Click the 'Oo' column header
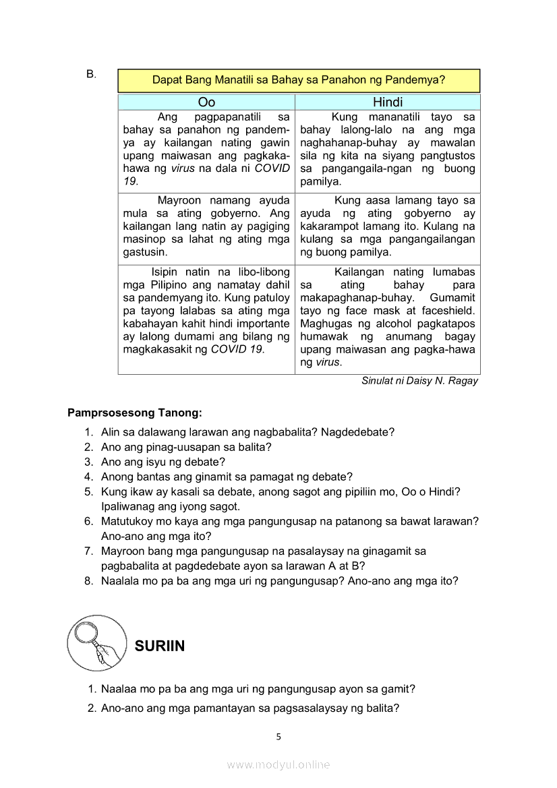(206, 102)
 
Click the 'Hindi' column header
(388, 102)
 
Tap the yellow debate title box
(299, 80)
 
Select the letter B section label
(91, 74)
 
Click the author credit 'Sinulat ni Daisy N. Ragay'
(419, 381)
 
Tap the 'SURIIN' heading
(160, 646)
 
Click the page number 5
(278, 737)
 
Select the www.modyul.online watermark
(278, 764)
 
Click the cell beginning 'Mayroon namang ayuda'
(206, 226)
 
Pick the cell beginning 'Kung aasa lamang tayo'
(388, 226)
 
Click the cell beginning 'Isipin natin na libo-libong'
(206, 311)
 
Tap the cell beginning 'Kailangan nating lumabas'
(388, 317)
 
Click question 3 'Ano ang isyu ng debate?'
(163, 462)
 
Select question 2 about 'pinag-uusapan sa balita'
(186, 447)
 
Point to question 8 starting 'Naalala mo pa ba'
(279, 580)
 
